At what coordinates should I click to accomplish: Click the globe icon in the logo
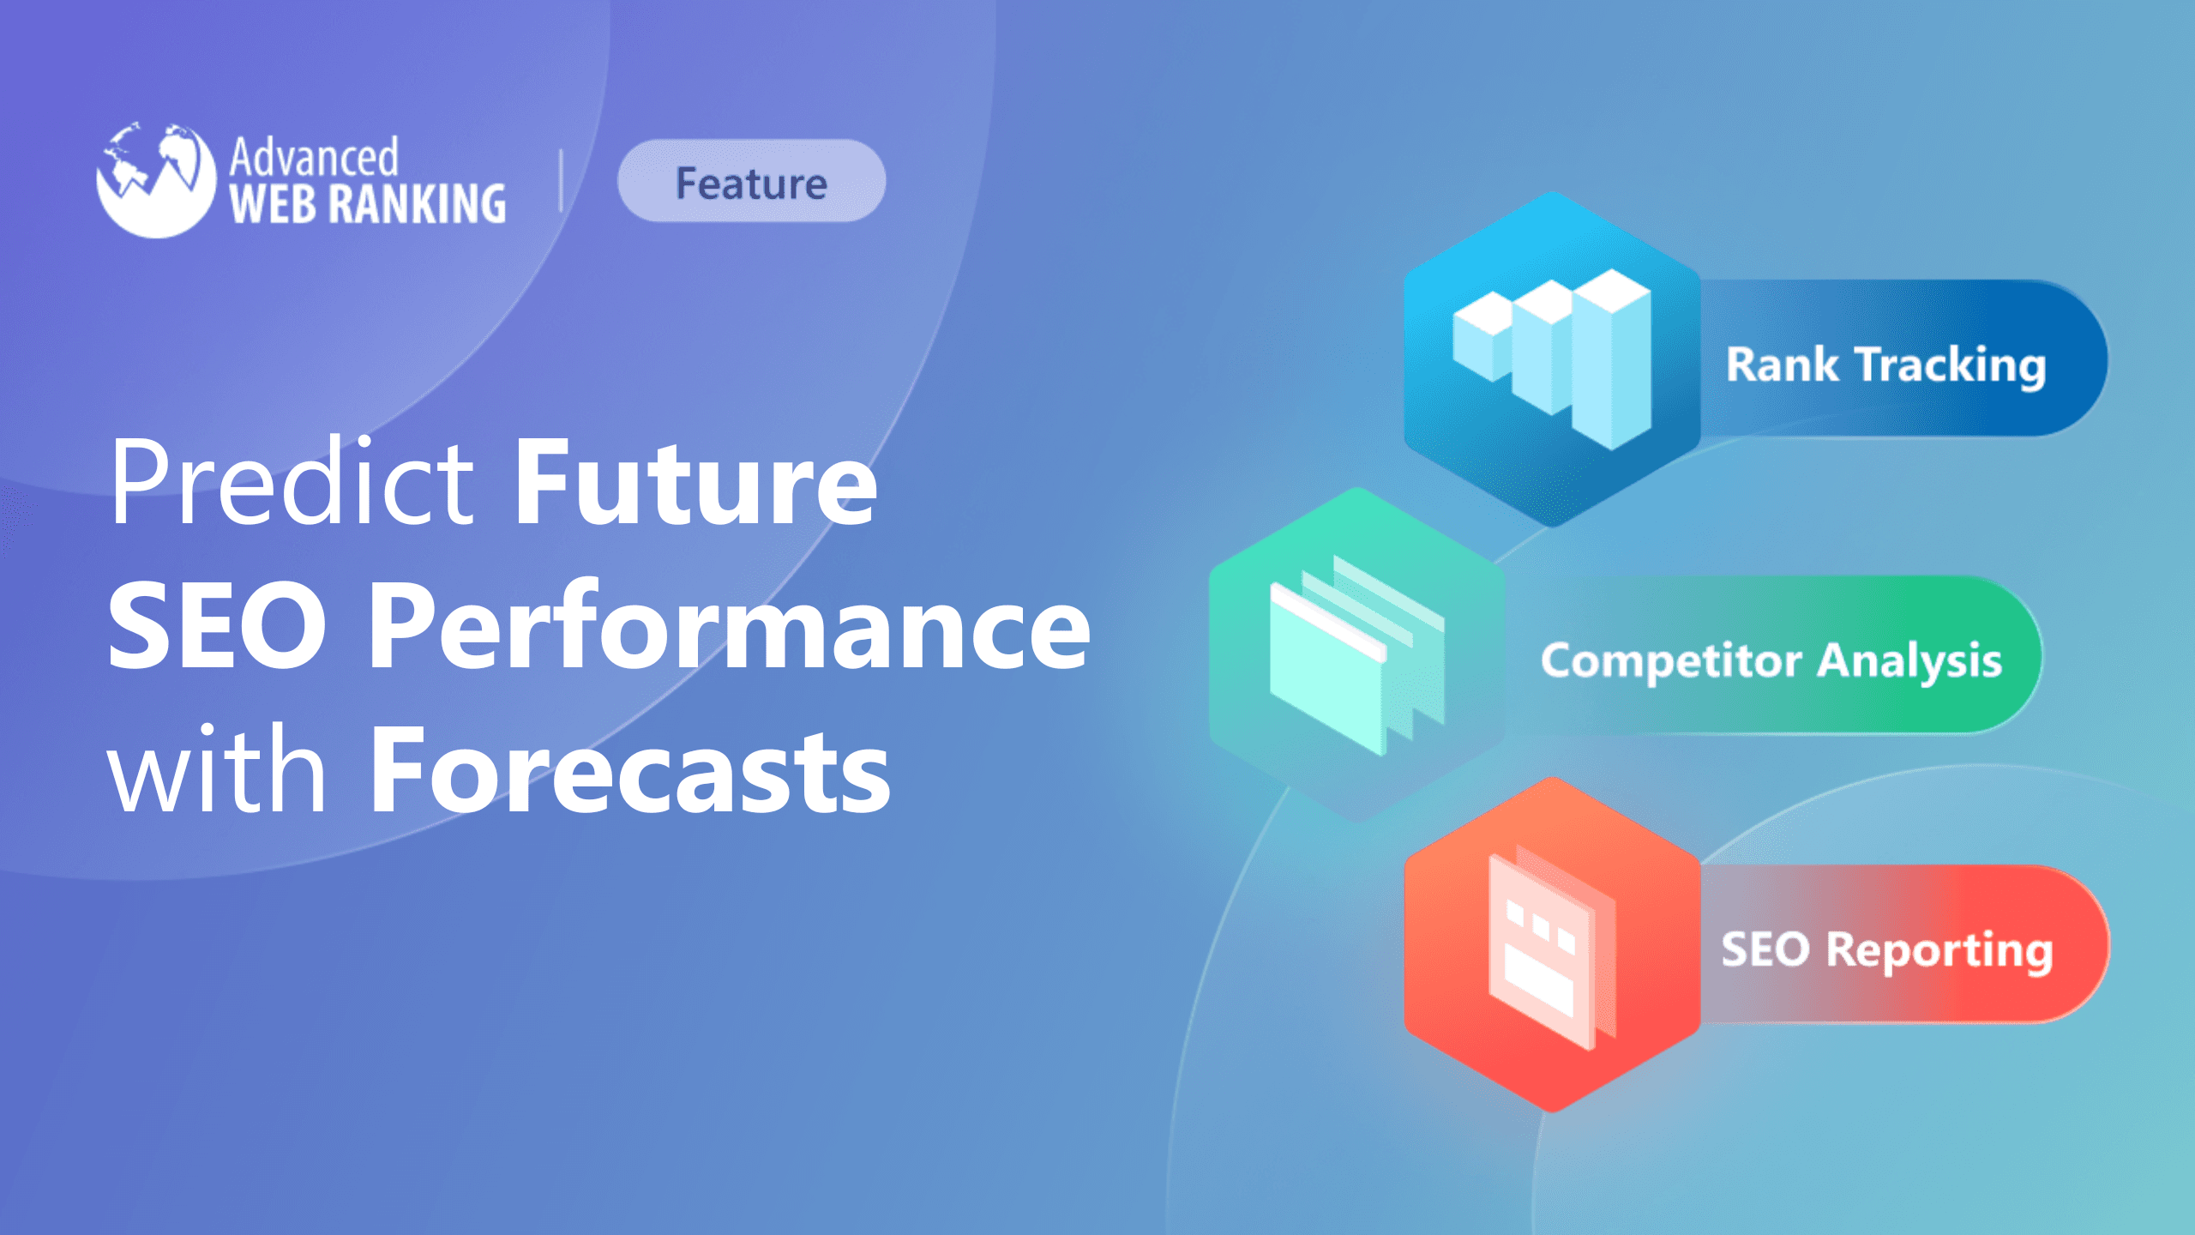155,179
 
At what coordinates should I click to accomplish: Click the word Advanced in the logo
314,158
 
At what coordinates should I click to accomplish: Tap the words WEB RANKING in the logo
368,204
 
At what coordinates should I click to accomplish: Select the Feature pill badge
751,182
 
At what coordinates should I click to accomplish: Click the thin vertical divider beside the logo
561,180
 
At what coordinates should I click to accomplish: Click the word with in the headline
216,769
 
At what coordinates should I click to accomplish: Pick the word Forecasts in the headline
630,769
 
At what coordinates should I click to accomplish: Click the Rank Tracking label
1885,364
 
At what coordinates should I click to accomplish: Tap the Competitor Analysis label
1771,660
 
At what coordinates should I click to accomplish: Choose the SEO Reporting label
1886,949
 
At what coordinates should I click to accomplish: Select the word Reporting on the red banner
1939,949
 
